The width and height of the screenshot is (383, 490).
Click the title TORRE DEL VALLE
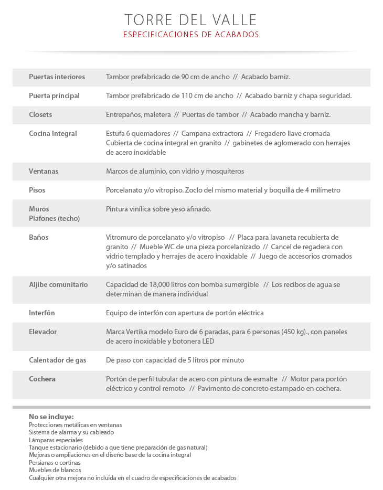191,20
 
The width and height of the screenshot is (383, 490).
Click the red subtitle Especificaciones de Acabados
191,35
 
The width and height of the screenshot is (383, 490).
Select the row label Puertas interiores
57,77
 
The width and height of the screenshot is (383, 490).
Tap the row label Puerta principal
54,95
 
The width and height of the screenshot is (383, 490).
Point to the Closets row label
40,114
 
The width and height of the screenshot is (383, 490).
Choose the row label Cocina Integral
52,133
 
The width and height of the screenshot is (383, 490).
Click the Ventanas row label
44,171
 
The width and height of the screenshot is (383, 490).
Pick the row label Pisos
37,190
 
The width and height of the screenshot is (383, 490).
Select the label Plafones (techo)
54,218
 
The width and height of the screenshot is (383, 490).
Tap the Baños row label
38,237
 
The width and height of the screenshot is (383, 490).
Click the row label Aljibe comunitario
58,284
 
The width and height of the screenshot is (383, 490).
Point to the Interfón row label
42,313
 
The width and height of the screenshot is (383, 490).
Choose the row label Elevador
42,332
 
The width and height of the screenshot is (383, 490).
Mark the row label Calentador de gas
57,360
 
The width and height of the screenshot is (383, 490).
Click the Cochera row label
42,379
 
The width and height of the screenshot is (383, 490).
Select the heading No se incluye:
51,417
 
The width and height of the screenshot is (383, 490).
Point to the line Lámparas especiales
56,440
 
